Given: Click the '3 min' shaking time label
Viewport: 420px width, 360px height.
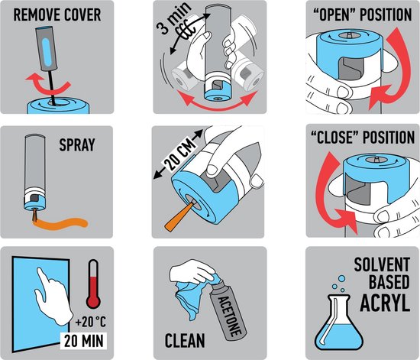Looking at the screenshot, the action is pyautogui.click(x=174, y=19).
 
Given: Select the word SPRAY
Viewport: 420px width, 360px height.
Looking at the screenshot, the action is pyautogui.click(x=77, y=144).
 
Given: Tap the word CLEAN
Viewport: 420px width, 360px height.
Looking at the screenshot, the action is pyautogui.click(x=185, y=341).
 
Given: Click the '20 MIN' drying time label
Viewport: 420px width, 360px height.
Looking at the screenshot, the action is pyautogui.click(x=83, y=341).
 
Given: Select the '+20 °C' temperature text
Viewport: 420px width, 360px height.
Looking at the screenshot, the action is pyautogui.click(x=91, y=322).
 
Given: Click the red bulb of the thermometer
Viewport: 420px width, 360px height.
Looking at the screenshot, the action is pyautogui.click(x=93, y=302).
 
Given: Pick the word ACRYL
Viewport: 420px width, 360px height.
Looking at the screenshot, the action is pyautogui.click(x=385, y=303).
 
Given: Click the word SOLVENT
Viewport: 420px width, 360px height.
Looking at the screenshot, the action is pyautogui.click(x=382, y=264).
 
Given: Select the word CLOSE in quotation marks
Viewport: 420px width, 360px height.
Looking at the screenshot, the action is pyautogui.click(x=337, y=138).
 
